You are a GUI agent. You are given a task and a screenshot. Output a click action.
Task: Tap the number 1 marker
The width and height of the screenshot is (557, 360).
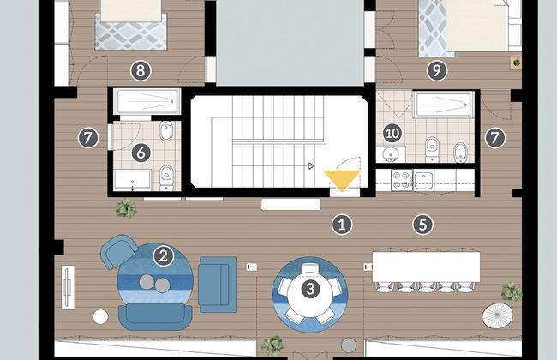[342, 225]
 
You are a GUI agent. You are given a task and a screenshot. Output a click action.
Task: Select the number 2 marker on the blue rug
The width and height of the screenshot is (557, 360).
[163, 255]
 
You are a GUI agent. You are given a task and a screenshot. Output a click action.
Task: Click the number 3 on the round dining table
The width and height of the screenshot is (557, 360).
[311, 289]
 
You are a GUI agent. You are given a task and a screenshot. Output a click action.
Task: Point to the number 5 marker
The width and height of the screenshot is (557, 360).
[422, 225]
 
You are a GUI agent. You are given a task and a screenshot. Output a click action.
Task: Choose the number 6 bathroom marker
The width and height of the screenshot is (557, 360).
[142, 153]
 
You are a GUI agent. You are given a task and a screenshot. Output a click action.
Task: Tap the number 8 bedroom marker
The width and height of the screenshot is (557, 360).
[137, 71]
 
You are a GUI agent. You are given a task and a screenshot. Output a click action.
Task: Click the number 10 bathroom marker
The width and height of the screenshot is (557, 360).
[392, 133]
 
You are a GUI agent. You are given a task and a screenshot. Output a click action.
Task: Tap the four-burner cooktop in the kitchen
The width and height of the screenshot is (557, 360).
[400, 180]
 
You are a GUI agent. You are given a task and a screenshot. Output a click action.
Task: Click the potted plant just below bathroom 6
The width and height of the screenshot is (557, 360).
[127, 208]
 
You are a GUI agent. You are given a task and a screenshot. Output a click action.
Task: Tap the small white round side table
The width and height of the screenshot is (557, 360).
[101, 316]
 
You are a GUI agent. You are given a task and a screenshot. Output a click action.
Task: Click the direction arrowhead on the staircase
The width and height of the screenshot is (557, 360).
[312, 165]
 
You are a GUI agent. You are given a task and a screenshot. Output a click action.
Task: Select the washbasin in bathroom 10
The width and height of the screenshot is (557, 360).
[392, 154]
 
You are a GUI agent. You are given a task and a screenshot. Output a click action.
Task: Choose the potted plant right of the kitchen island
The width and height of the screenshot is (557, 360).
[511, 291]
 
